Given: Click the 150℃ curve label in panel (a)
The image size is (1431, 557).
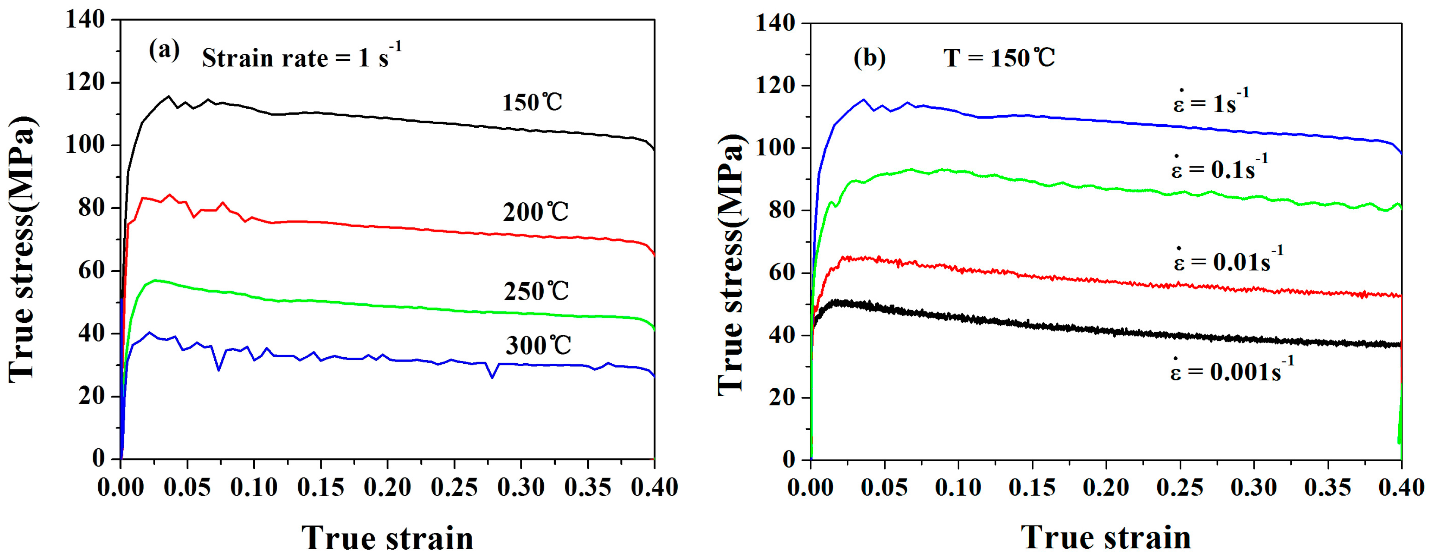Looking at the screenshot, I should coord(532,103).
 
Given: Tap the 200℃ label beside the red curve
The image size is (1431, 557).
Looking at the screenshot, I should coord(535,212).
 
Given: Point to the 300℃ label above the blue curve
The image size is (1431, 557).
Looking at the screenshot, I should coord(538,346).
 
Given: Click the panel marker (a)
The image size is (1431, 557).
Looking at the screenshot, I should coord(164,51).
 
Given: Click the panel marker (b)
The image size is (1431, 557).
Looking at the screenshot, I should coord(869,58).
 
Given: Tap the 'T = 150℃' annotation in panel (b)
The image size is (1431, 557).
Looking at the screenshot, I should coord(999,58).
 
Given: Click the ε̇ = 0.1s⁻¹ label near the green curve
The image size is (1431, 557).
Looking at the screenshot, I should coord(1219,167).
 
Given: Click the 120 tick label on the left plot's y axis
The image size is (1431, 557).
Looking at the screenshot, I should coord(85,83).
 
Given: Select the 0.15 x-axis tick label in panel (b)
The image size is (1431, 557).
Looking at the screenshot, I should coord(1032,488).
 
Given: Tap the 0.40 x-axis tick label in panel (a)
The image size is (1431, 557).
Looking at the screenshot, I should coord(654,488).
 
